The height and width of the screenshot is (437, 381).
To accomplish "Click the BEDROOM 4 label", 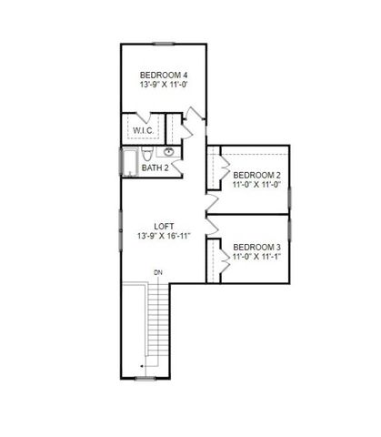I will click(164, 74).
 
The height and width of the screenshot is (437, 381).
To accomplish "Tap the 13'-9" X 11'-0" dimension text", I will click(164, 85).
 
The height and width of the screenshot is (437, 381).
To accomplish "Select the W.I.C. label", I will click(143, 130).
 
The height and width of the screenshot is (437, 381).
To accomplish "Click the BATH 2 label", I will click(155, 168).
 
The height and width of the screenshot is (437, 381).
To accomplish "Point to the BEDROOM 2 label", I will click(256, 174).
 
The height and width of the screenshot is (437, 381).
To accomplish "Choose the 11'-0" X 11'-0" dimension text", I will click(256, 185).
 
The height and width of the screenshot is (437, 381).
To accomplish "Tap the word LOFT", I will click(164, 225).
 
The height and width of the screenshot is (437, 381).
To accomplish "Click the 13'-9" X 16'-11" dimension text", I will click(164, 236).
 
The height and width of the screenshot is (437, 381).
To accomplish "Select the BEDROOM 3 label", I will click(256, 247).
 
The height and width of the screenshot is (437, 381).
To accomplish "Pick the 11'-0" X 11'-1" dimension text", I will click(256, 258).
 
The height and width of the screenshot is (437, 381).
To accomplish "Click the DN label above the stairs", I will click(157, 272).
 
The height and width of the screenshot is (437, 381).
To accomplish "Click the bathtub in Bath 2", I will click(128, 161).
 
